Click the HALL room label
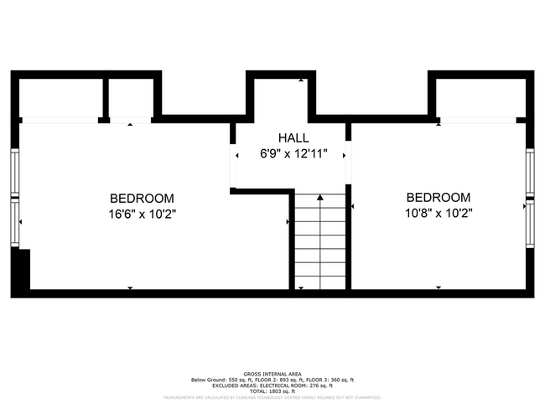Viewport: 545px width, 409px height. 293,137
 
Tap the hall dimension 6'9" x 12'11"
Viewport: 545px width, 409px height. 293,153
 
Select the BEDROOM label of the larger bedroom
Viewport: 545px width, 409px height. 143,199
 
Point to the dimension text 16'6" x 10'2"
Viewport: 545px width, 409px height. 143,214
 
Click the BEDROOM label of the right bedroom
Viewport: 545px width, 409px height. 439,198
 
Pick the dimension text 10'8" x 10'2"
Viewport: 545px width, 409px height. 439,213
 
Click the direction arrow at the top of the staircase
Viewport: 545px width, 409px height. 319,198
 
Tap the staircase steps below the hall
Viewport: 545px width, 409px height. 319,243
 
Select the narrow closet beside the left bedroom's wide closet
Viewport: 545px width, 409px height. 128,99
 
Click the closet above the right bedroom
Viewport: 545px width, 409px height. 479,99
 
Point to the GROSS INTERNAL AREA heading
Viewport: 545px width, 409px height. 272,374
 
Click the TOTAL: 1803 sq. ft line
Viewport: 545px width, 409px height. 272,391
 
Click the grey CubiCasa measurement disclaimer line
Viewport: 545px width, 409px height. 272,398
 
